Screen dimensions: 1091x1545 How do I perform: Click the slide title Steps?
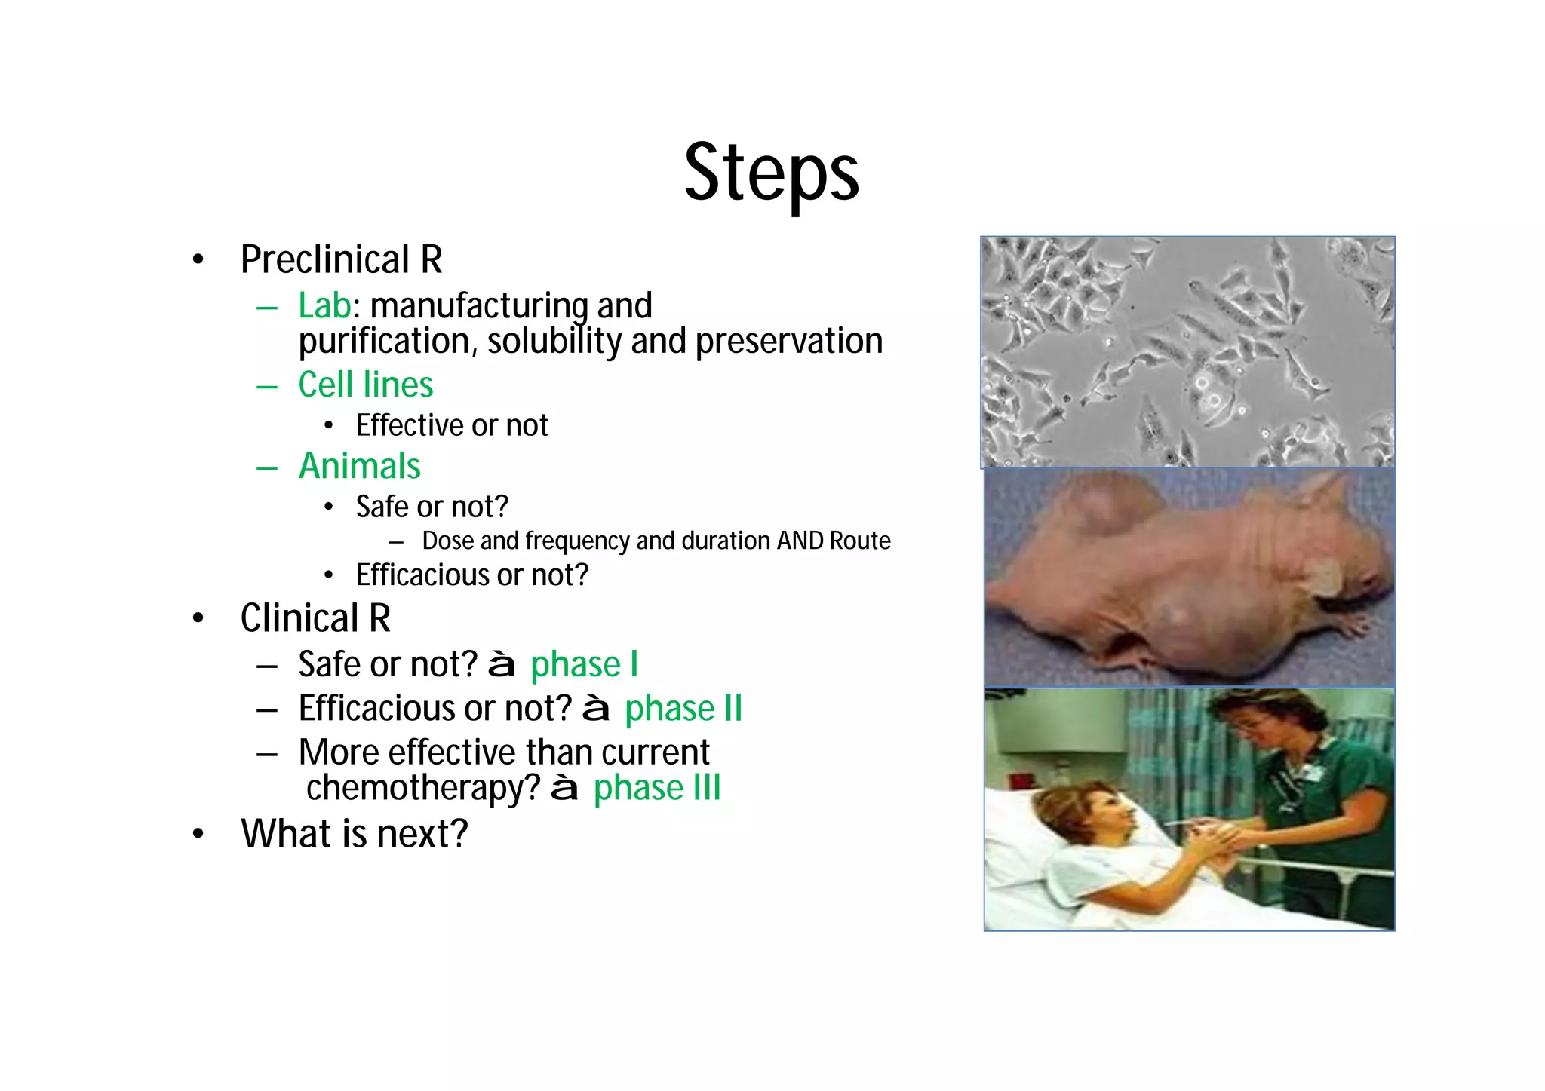click(x=771, y=173)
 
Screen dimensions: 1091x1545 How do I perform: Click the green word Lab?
click(x=324, y=306)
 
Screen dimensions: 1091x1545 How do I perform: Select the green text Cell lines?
click(x=365, y=385)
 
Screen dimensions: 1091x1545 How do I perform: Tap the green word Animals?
click(x=359, y=467)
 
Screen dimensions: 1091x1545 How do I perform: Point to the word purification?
click(x=385, y=342)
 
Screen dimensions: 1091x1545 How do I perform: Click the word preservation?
click(x=788, y=342)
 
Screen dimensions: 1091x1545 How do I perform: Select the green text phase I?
click(x=584, y=665)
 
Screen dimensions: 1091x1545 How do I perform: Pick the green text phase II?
click(x=683, y=709)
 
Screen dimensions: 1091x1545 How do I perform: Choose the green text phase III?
click(x=656, y=789)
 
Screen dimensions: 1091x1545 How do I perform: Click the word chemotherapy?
click(x=422, y=789)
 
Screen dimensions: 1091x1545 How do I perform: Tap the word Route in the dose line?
click(x=859, y=541)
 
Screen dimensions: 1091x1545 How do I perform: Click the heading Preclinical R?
click(x=341, y=260)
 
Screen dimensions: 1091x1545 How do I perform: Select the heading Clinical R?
click(x=315, y=619)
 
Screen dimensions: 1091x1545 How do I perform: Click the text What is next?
click(x=354, y=835)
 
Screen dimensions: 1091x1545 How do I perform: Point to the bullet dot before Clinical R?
click(x=198, y=619)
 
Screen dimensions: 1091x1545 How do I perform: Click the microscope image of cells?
click(x=1187, y=351)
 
